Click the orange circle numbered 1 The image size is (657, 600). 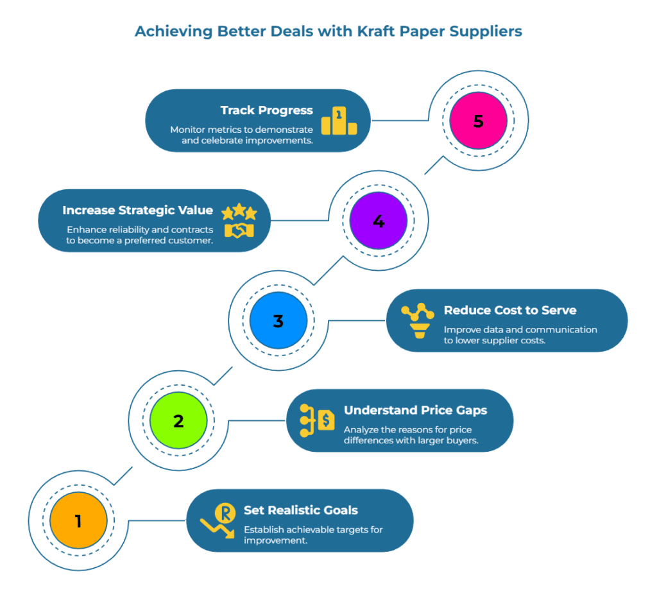pyautogui.click(x=78, y=520)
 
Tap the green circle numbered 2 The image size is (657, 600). pyautogui.click(x=178, y=421)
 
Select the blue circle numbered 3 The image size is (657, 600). pyautogui.click(x=278, y=321)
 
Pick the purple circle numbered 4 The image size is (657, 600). pyautogui.click(x=379, y=221)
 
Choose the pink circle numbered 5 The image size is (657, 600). pyautogui.click(x=478, y=121)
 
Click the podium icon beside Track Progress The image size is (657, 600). pyautogui.click(x=339, y=121)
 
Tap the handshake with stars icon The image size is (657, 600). pyautogui.click(x=239, y=222)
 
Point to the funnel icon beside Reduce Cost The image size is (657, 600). pyautogui.click(x=417, y=321)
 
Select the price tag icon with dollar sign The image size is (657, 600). pyautogui.click(x=318, y=420)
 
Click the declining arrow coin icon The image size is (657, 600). pyautogui.click(x=218, y=520)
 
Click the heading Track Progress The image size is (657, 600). pyautogui.click(x=267, y=110)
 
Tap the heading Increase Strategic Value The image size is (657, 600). pyautogui.click(x=137, y=210)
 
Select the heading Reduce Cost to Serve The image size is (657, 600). pyautogui.click(x=510, y=311)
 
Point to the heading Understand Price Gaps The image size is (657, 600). pyautogui.click(x=415, y=411)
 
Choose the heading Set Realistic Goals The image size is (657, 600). pyautogui.click(x=301, y=510)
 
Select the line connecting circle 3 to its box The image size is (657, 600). pyautogui.click(x=356, y=321)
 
